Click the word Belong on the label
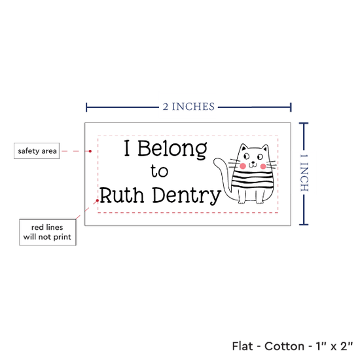click(172, 149)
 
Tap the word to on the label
click(159, 171)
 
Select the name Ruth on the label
click(122, 195)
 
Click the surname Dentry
click(187, 196)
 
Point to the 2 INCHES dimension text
click(189, 107)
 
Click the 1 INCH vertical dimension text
click(304, 173)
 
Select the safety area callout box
click(37, 151)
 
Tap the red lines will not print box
click(48, 232)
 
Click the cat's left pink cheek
click(243, 166)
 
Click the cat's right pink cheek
click(263, 166)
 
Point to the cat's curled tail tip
click(216, 161)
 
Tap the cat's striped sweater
click(253, 179)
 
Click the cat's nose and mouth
click(253, 164)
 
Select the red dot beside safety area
click(90, 151)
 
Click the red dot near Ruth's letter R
click(98, 200)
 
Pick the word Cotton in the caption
click(284, 346)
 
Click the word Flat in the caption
click(242, 346)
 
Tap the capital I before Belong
click(127, 148)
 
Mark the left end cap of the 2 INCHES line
click(86, 107)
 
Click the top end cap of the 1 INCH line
click(304, 124)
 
